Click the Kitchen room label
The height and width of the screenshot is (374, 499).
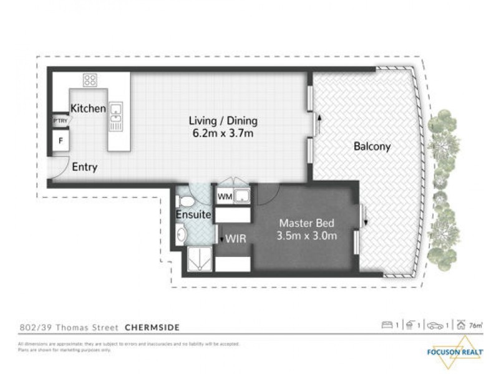[x=88, y=108]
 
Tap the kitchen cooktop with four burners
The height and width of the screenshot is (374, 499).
[x=90, y=80]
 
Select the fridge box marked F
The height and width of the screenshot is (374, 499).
[x=61, y=141]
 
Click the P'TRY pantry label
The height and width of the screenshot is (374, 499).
[x=60, y=120]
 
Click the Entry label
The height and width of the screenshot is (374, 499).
[x=84, y=167]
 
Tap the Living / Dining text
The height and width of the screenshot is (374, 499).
[x=223, y=121]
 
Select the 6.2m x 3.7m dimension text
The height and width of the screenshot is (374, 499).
[x=223, y=133]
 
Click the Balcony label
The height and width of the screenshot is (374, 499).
[x=372, y=147]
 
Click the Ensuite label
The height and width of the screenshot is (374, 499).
[x=193, y=216]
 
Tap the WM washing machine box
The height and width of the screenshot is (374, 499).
[x=225, y=197]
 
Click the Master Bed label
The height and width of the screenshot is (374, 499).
[x=306, y=223]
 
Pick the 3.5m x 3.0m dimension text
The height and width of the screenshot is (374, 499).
[x=306, y=236]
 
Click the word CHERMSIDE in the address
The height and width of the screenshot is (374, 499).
[x=152, y=327]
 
